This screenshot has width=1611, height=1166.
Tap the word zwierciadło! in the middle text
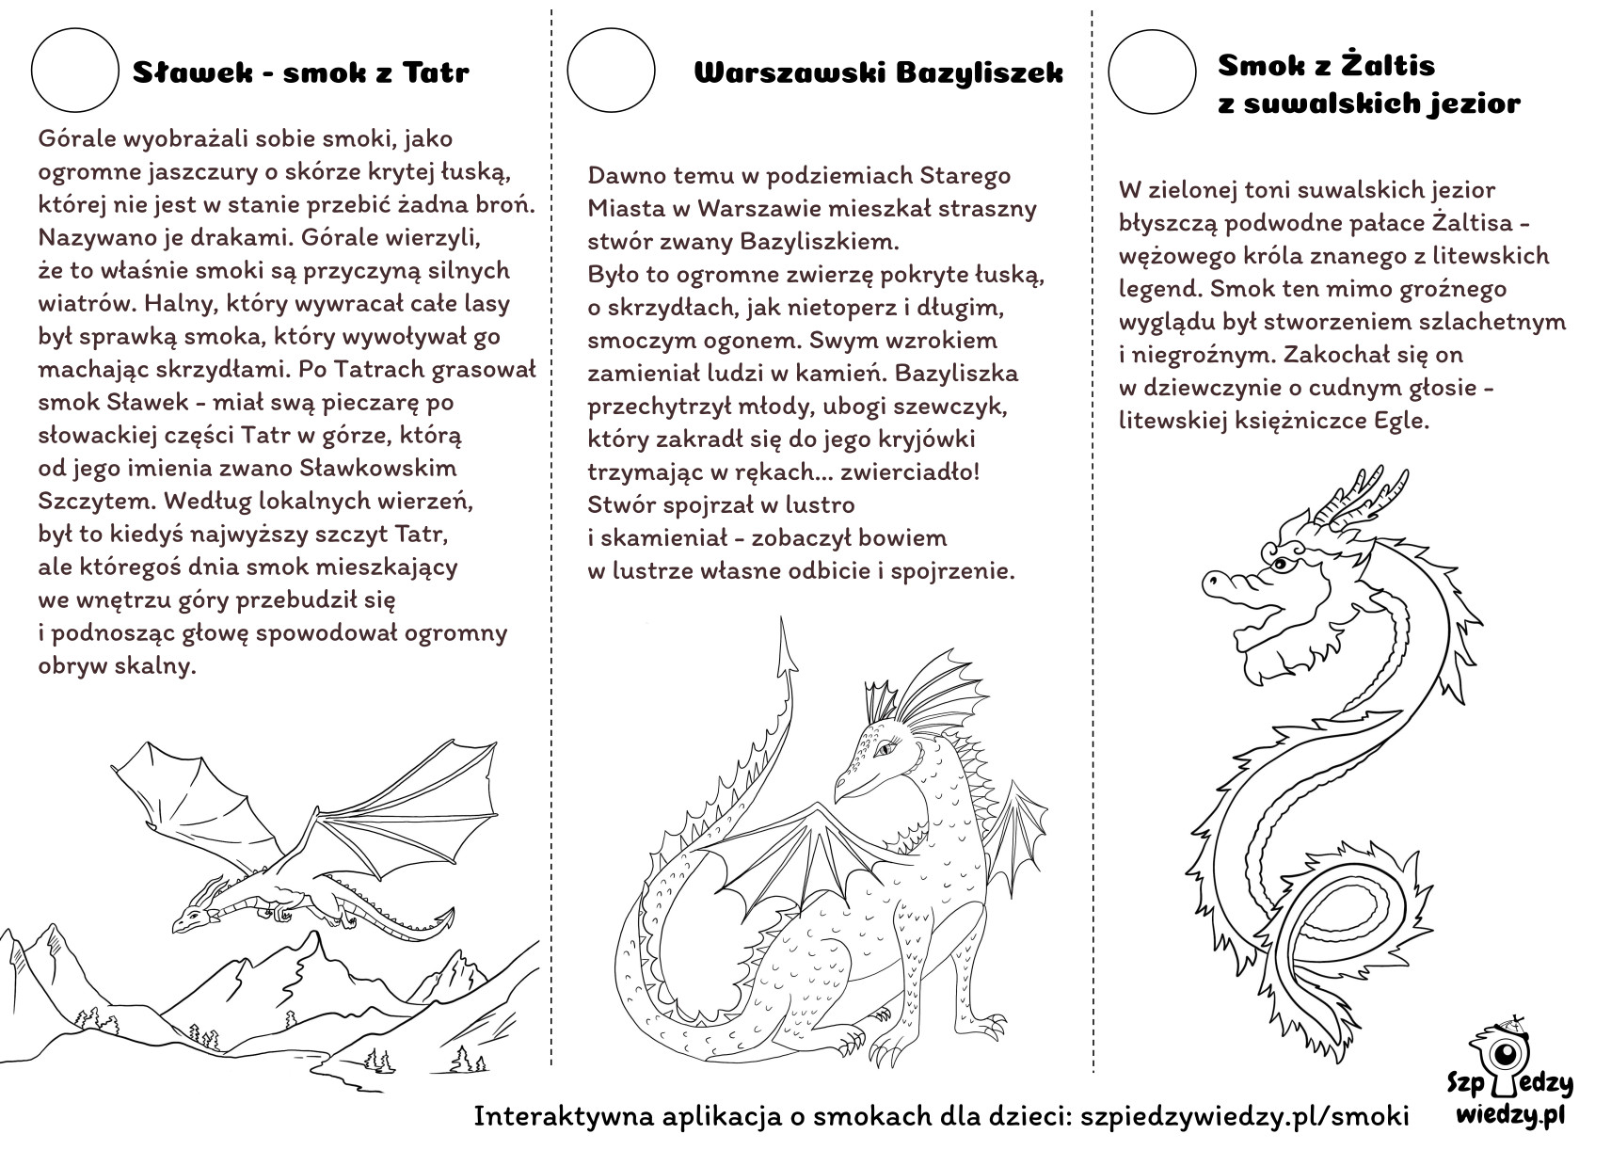(910, 471)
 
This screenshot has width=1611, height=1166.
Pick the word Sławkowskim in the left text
(377, 469)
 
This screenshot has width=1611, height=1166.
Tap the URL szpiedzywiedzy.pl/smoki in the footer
(1244, 1115)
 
